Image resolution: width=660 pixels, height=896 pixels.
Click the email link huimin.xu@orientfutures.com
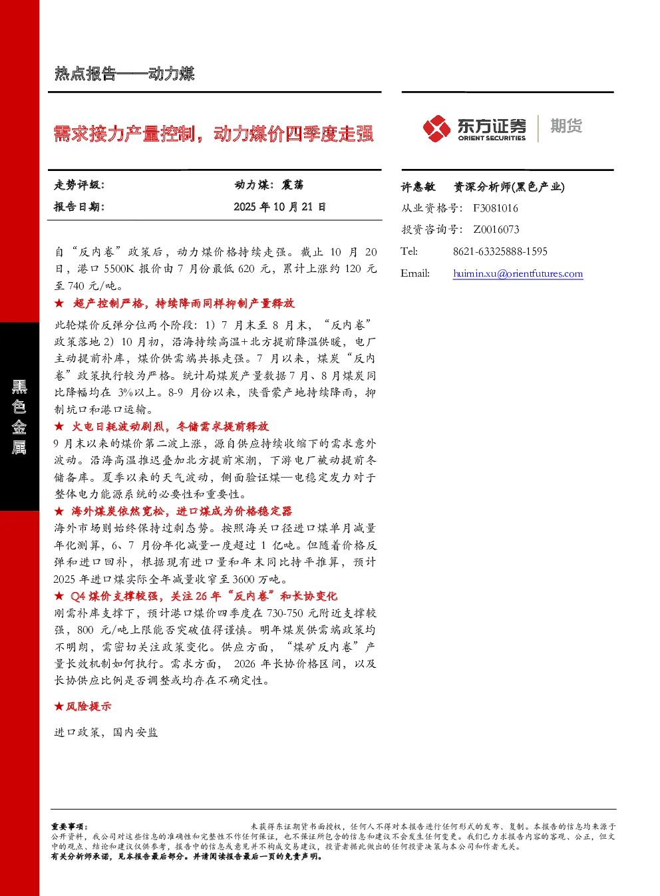coord(518,273)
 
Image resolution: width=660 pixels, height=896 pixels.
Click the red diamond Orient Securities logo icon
coord(436,128)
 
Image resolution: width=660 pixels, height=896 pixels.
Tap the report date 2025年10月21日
coord(279,207)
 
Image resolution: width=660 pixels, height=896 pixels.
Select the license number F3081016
coord(495,208)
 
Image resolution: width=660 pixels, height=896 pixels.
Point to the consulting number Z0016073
coord(496,229)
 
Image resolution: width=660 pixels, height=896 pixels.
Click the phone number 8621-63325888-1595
coord(500,251)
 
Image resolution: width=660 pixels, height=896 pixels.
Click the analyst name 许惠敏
coord(418,187)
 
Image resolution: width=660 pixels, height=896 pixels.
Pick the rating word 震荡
coord(292,185)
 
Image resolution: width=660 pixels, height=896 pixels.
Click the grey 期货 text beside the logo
coord(566,126)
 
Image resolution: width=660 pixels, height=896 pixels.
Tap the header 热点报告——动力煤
coord(124,74)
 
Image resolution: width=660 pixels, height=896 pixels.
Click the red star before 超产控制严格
coord(59,303)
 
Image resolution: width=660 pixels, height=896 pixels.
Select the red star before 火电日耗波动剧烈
coord(59,426)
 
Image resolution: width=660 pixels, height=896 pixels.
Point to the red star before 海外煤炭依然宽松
coord(59,511)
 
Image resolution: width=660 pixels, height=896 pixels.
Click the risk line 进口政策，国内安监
coord(106,732)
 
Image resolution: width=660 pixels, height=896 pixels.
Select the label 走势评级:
coord(79,185)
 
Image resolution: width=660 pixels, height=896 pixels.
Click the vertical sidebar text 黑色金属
coord(19,417)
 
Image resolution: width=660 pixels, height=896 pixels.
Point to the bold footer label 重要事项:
coord(70,826)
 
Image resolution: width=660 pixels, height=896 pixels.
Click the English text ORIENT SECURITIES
coord(492,138)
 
